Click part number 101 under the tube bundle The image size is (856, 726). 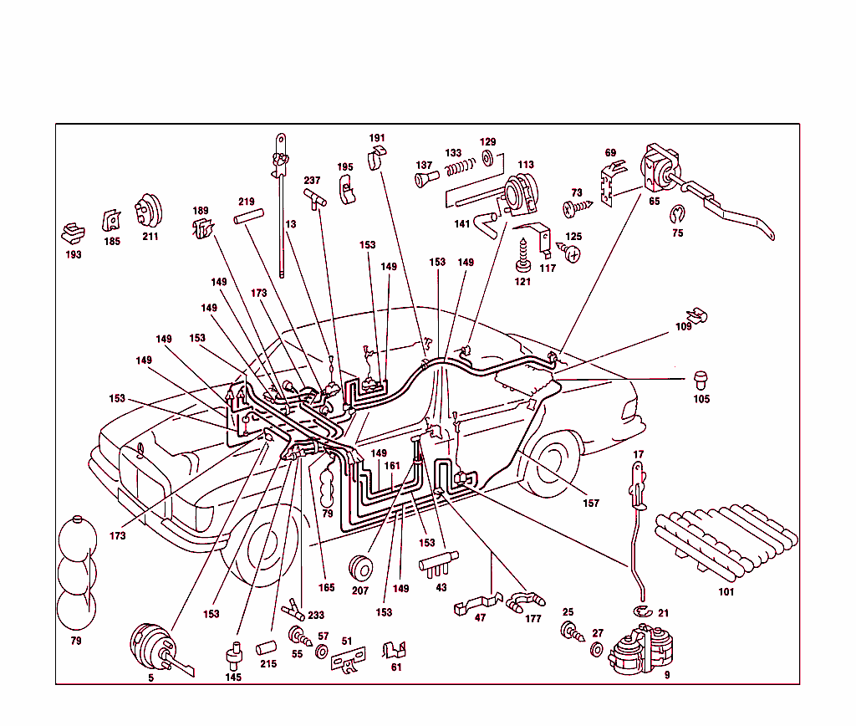tap(726, 592)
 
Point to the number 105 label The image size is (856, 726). tap(701, 399)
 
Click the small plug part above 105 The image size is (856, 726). tap(701, 380)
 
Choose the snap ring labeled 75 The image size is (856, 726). tap(677, 215)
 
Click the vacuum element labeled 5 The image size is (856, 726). tap(155, 645)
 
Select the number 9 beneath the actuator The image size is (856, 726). tap(667, 674)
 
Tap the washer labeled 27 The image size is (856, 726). tap(598, 650)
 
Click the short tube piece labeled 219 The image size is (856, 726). tap(248, 218)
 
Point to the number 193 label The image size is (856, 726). tap(74, 254)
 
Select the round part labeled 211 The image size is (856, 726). tap(149, 211)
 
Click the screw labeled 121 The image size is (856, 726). tap(525, 253)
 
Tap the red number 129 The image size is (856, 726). tap(487, 142)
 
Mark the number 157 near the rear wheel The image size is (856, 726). tap(592, 504)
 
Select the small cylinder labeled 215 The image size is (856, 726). tap(267, 649)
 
